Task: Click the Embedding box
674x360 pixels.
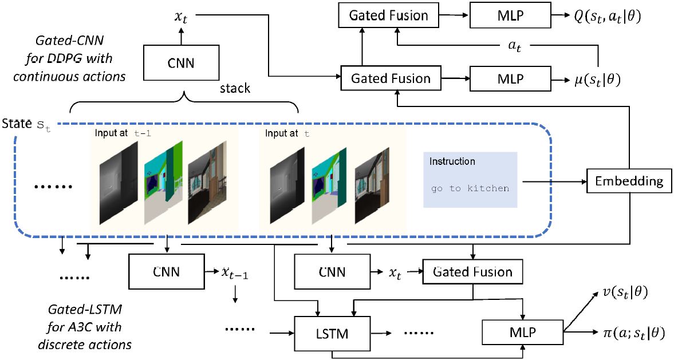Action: (x=629, y=181)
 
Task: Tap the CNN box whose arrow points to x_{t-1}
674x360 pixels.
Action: (x=166, y=272)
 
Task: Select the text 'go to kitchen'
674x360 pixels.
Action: (x=470, y=188)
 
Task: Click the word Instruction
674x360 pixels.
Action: (x=452, y=161)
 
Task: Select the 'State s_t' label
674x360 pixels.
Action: (x=26, y=124)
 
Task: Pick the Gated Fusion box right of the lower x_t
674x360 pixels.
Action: (x=472, y=272)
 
